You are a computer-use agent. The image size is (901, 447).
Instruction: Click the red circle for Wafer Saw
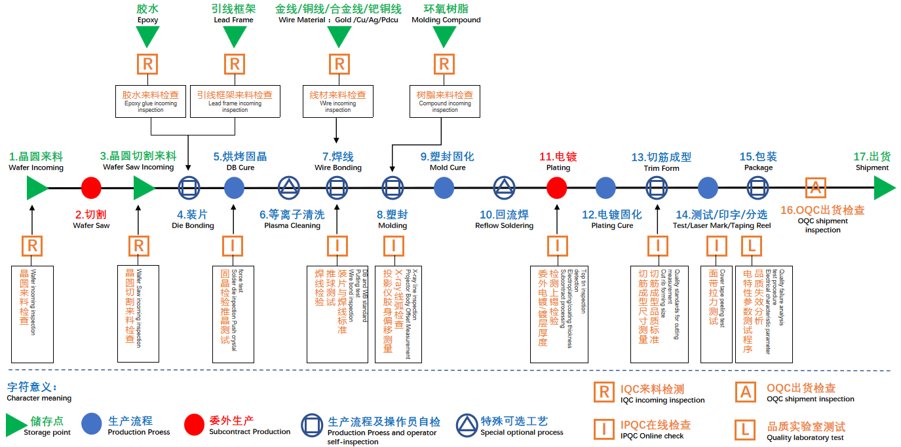point(91,188)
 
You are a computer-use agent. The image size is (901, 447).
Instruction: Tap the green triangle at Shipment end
point(884,188)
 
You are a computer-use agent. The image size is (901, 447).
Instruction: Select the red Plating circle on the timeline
point(556,188)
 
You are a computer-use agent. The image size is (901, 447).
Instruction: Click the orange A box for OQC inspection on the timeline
point(815,188)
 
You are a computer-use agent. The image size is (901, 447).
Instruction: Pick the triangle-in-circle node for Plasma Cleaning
point(288,188)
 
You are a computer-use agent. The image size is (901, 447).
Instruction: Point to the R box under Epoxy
point(147,64)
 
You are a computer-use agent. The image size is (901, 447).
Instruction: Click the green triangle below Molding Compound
point(444,37)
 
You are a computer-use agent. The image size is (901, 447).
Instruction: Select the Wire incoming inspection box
point(337,101)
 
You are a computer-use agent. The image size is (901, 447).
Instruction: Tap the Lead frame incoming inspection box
point(235,101)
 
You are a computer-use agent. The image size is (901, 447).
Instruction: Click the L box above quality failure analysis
point(751,246)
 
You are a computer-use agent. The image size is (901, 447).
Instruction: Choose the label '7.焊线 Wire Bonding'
point(337,162)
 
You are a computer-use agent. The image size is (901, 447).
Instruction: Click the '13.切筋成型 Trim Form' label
point(661,162)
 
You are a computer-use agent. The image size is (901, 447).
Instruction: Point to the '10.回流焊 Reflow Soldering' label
point(504,219)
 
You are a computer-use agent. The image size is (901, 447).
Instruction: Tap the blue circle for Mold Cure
point(444,188)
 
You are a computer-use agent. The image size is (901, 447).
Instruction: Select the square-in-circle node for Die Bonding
point(189,188)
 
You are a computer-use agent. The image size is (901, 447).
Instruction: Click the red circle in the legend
point(195,424)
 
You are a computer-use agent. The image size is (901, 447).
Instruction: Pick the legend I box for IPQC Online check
point(603,429)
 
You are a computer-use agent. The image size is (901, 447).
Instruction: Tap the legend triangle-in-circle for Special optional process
point(468,425)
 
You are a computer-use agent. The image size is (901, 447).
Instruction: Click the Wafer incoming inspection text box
point(32,313)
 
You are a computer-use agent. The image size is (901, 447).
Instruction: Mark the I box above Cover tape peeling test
point(717,246)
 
